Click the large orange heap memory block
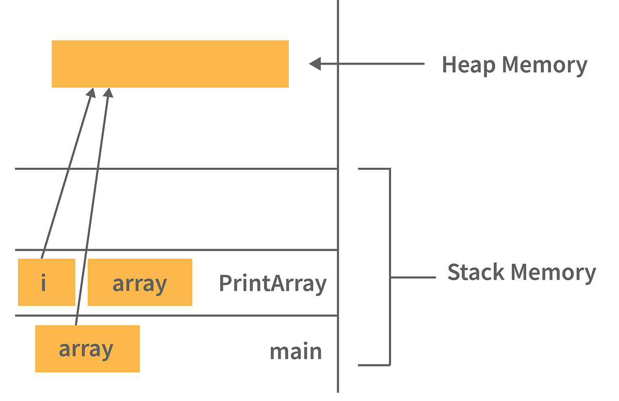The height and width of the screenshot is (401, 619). click(x=170, y=63)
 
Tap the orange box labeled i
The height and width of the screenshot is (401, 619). click(x=46, y=282)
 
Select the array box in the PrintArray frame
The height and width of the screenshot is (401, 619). click(x=140, y=282)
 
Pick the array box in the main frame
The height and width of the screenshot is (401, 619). click(x=87, y=348)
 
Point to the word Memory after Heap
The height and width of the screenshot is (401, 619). click(x=545, y=65)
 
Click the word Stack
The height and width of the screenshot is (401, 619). click(x=474, y=272)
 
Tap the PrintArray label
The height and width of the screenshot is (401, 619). click(x=272, y=283)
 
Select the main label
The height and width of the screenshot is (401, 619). click(x=296, y=351)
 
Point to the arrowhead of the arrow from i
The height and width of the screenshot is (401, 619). click(x=92, y=92)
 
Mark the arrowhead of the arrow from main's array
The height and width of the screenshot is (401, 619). click(x=108, y=92)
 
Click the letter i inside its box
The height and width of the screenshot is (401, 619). click(x=43, y=283)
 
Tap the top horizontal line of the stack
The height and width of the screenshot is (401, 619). click(x=175, y=168)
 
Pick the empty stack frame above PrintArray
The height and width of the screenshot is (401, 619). click(x=175, y=209)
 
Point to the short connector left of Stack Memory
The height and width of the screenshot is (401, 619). click(x=413, y=277)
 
